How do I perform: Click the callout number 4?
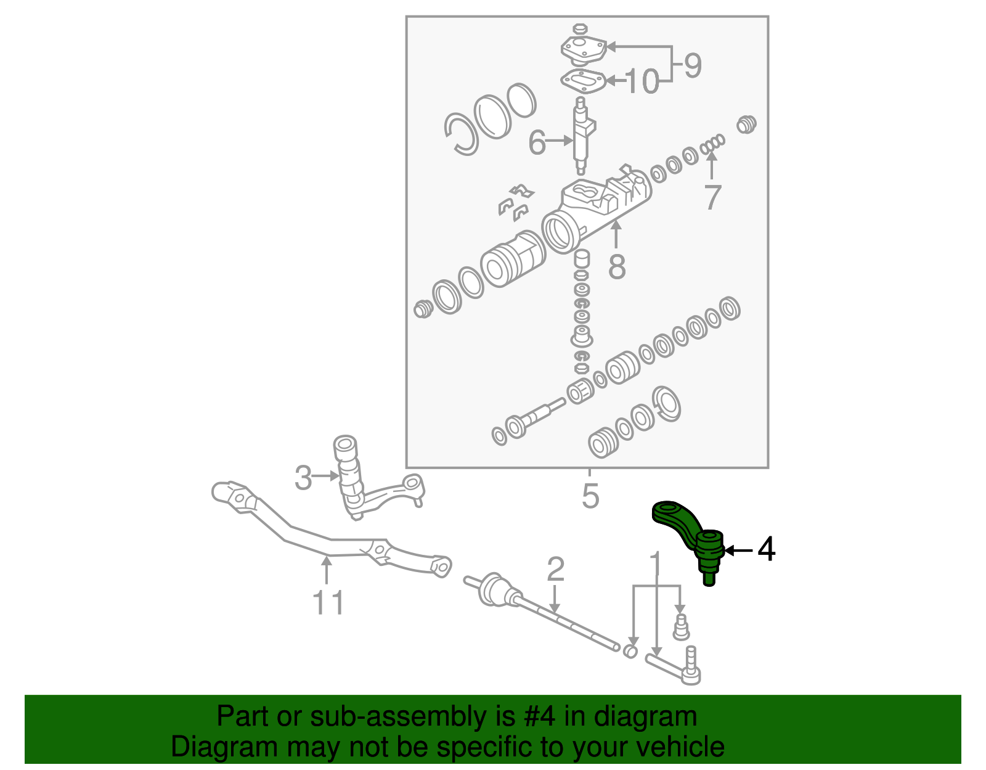click(766, 549)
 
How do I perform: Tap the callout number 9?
click(693, 65)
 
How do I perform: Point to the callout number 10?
click(642, 81)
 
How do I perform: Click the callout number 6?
click(537, 142)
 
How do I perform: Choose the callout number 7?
click(712, 197)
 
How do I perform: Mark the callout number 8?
click(616, 266)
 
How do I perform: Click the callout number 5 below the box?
click(590, 496)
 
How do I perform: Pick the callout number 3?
click(303, 477)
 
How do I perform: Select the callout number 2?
click(555, 570)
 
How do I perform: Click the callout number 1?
click(656, 564)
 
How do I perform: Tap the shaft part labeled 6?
click(581, 139)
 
